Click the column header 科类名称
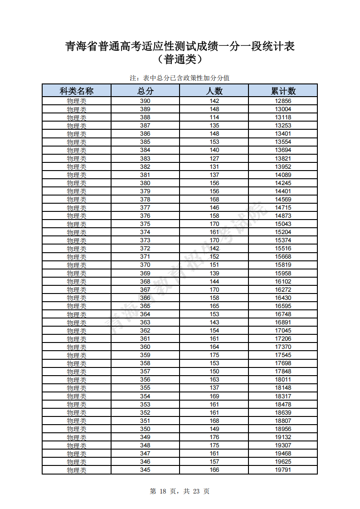pos(76,91)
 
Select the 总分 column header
pos(145,91)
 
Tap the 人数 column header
pos(214,91)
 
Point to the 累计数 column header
pos(283,91)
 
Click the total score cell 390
pos(145,101)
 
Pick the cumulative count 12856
pos(283,101)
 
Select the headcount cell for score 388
pos(214,117)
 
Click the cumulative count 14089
pos(283,175)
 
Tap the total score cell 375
pos(145,224)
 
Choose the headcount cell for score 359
pos(214,355)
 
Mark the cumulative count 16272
pos(283,290)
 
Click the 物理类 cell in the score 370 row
pos(76,265)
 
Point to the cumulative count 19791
pos(283,470)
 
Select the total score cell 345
pos(145,470)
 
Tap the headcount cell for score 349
pos(214,437)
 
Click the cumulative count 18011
pos(283,380)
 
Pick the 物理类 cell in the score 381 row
pos(76,175)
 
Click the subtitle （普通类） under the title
pos(180,59)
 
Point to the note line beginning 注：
pos(180,78)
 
